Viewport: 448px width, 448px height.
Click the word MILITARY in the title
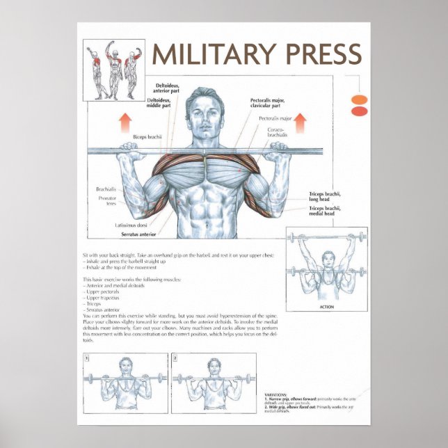pyautogui.click(x=209, y=54)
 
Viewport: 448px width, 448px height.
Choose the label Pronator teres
pyautogui.click(x=107, y=202)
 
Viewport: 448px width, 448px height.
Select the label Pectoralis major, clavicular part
pyautogui.click(x=269, y=103)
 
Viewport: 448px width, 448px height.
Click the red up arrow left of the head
pyautogui.click(x=125, y=123)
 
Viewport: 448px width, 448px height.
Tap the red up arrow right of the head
pyautogui.click(x=301, y=123)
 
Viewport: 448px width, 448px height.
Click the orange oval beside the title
pyautogui.click(x=359, y=99)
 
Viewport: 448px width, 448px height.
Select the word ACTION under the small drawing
pyautogui.click(x=326, y=307)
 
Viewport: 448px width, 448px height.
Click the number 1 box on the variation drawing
pyautogui.click(x=87, y=358)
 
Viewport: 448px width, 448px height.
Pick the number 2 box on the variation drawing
pyautogui.click(x=175, y=358)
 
